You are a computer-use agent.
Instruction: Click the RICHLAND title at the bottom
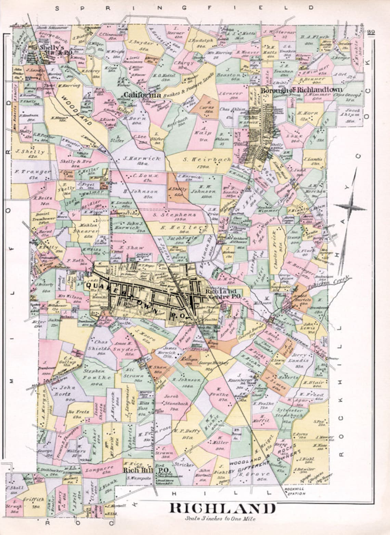pyautogui.click(x=223, y=508)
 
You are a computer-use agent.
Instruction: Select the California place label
pyautogui.click(x=142, y=95)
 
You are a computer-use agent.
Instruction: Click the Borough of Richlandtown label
pyautogui.click(x=301, y=91)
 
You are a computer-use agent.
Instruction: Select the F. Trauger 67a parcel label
pyautogui.click(x=32, y=174)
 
